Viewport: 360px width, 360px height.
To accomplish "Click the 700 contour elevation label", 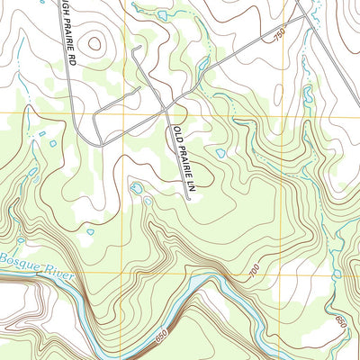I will tap(255, 269).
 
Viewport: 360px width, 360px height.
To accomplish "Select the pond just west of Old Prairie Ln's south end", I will tap(137, 188).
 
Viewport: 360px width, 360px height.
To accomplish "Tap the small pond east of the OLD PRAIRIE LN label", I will tap(220, 153).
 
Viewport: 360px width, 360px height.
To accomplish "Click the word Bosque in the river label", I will tap(15, 261).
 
